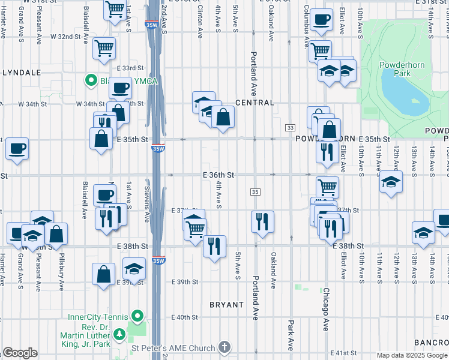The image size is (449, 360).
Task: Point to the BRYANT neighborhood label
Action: (x=226, y=305)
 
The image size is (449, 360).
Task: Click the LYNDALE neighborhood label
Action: (x=21, y=72)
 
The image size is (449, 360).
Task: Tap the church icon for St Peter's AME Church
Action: (x=224, y=348)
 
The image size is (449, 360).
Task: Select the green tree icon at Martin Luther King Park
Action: (x=119, y=334)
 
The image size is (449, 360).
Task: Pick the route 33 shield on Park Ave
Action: (x=290, y=128)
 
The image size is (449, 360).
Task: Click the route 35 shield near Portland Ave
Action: (x=255, y=191)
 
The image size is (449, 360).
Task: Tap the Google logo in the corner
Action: (x=20, y=353)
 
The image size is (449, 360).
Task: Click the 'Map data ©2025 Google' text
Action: (x=412, y=355)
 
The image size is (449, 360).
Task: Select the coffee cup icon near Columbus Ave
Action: (x=321, y=19)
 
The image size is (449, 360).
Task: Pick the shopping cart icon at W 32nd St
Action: (x=104, y=48)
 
